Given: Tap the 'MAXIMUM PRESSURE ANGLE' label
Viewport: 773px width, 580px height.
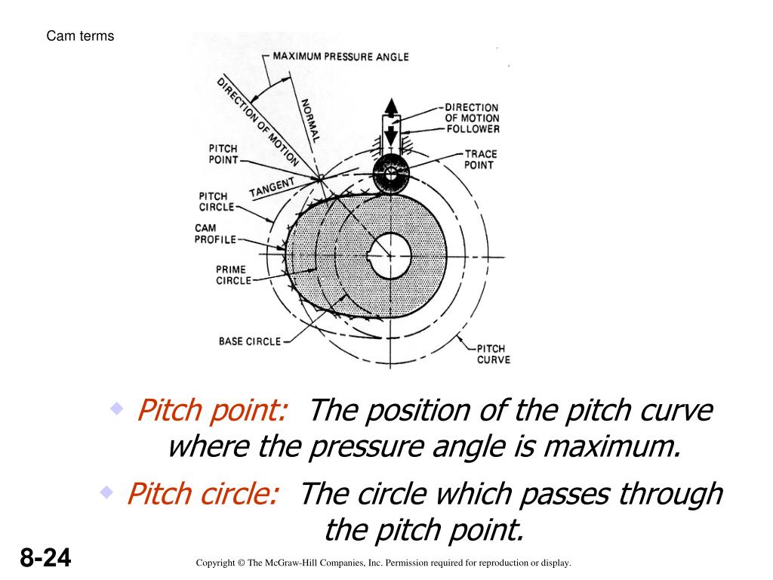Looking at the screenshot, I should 340,57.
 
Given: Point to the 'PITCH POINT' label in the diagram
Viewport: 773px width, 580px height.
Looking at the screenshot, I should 223,153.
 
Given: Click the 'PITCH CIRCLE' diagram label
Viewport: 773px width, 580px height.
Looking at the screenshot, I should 217,202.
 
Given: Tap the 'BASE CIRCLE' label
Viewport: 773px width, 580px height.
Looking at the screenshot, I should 249,341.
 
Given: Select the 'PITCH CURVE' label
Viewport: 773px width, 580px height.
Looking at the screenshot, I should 493,354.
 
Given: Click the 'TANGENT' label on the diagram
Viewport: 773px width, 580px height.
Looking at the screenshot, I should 272,186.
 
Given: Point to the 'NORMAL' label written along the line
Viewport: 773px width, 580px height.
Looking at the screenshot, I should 310,121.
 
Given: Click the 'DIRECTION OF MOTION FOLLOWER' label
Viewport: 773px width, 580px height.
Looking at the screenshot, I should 472,118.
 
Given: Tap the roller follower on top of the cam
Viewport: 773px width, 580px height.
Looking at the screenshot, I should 391,174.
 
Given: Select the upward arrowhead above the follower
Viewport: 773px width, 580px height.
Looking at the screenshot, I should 391,106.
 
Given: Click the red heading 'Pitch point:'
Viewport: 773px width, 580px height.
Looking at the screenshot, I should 212,412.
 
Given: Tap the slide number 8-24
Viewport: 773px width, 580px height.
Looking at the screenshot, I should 45,560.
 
